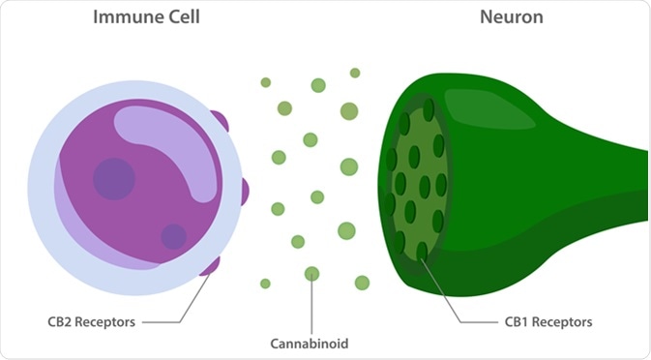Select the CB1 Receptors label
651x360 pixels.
coord(549,321)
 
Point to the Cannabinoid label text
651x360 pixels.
coord(311,343)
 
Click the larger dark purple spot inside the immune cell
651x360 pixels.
coord(114,179)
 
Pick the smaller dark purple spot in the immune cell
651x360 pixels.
coord(174,236)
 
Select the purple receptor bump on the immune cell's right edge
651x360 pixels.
coord(243,191)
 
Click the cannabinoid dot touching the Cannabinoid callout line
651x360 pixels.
coord(311,274)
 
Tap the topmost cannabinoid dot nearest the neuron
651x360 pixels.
coord(355,74)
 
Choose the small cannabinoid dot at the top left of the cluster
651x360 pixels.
coord(265,82)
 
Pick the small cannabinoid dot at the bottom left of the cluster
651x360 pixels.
coord(265,284)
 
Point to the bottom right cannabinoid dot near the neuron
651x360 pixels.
coord(362,283)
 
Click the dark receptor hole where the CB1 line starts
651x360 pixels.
coord(422,252)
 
